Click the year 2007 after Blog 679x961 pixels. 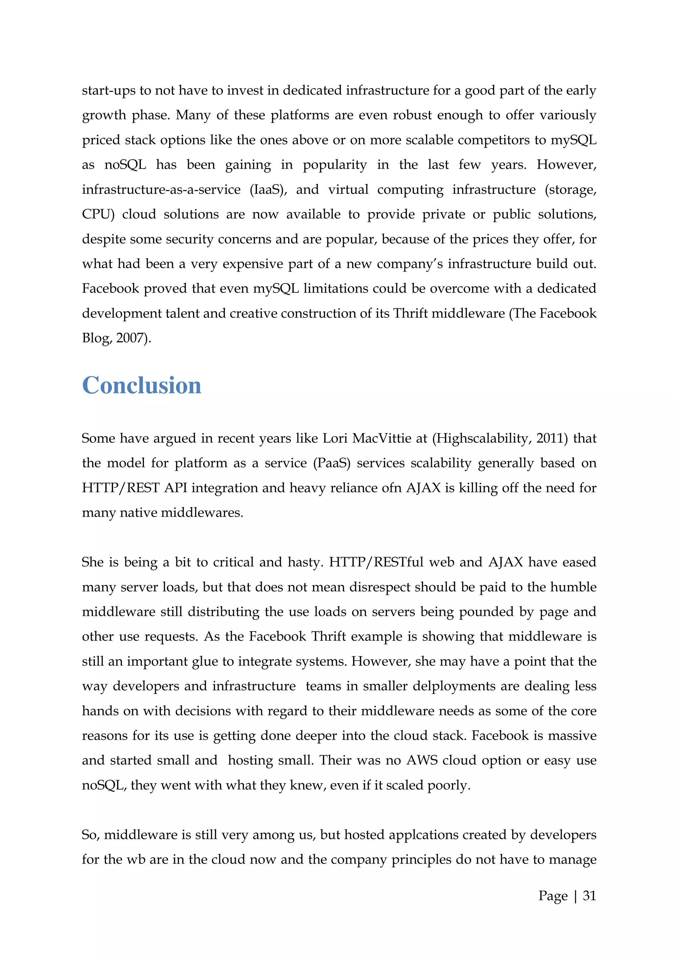tap(130, 338)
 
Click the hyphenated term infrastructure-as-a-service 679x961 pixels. tap(161, 189)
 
